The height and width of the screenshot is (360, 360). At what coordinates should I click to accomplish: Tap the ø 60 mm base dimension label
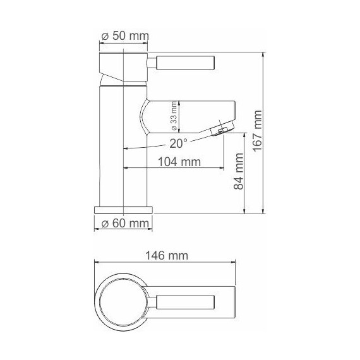point(124,224)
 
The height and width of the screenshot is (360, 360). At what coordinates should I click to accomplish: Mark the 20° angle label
point(178,143)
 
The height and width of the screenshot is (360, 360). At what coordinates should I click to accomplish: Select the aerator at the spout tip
point(220,129)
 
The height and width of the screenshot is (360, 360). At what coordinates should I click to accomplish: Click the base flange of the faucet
point(123,209)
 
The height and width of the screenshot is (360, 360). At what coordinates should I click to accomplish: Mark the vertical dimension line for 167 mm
point(263,133)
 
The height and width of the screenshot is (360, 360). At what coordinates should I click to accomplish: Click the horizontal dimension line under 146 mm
point(164,263)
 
